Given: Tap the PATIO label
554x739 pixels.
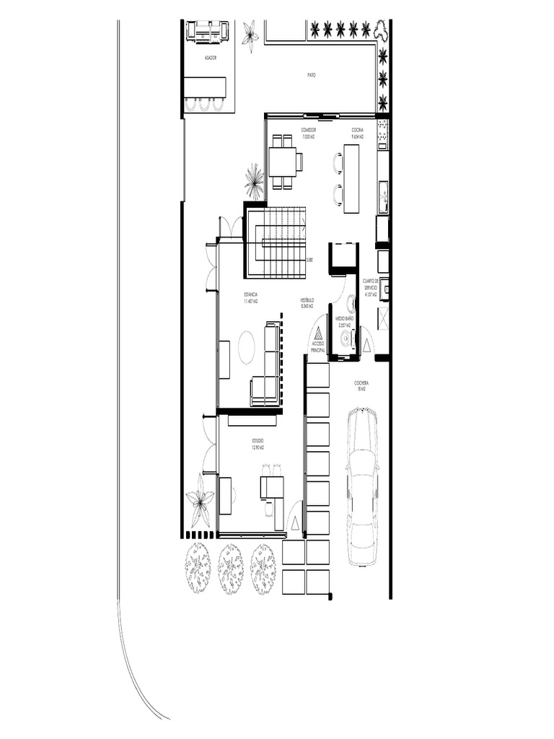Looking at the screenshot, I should click(x=312, y=74).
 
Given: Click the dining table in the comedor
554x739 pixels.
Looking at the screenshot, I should click(x=282, y=162).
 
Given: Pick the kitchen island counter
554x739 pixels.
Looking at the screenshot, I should click(x=351, y=178).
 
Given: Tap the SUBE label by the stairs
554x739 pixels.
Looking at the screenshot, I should click(x=309, y=260).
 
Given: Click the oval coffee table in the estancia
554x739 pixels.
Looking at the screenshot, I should click(x=247, y=346).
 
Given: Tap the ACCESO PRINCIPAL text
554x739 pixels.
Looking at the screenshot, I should click(x=317, y=347).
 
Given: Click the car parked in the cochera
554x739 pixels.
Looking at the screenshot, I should click(x=362, y=486).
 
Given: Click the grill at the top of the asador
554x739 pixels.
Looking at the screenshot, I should click(x=208, y=31).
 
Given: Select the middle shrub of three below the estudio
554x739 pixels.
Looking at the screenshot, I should click(x=231, y=568).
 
